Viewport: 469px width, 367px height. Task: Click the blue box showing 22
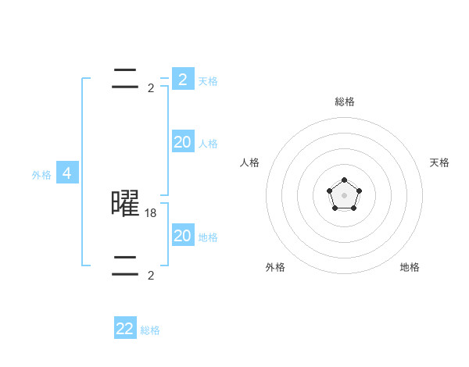coord(125,329)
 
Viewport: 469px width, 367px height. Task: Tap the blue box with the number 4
coord(67,173)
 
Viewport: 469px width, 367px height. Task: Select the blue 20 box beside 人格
coord(183,142)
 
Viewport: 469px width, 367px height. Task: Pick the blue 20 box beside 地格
coord(183,236)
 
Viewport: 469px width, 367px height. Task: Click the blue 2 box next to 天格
coord(183,80)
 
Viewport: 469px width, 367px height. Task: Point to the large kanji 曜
coord(125,203)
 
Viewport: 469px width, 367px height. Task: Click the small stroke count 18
coord(151,212)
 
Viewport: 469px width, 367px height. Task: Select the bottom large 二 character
coord(125,266)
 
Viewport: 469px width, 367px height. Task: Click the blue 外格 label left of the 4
coord(41,175)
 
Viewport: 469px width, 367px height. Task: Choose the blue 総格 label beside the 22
coord(150,330)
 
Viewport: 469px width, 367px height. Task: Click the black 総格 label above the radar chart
coord(345,102)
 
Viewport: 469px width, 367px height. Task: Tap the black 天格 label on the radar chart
coord(439,162)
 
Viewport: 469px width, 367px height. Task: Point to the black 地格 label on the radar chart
coord(410,267)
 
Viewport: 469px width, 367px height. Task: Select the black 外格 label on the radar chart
coord(275,267)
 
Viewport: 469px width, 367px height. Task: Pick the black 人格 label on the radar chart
coord(250,162)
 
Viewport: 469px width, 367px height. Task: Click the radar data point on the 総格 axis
coord(345,180)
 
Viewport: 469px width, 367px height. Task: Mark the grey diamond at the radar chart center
coord(345,195)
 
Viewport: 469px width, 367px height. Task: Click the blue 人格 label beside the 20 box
coord(208,144)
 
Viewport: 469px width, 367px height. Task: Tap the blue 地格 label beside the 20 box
coord(208,237)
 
